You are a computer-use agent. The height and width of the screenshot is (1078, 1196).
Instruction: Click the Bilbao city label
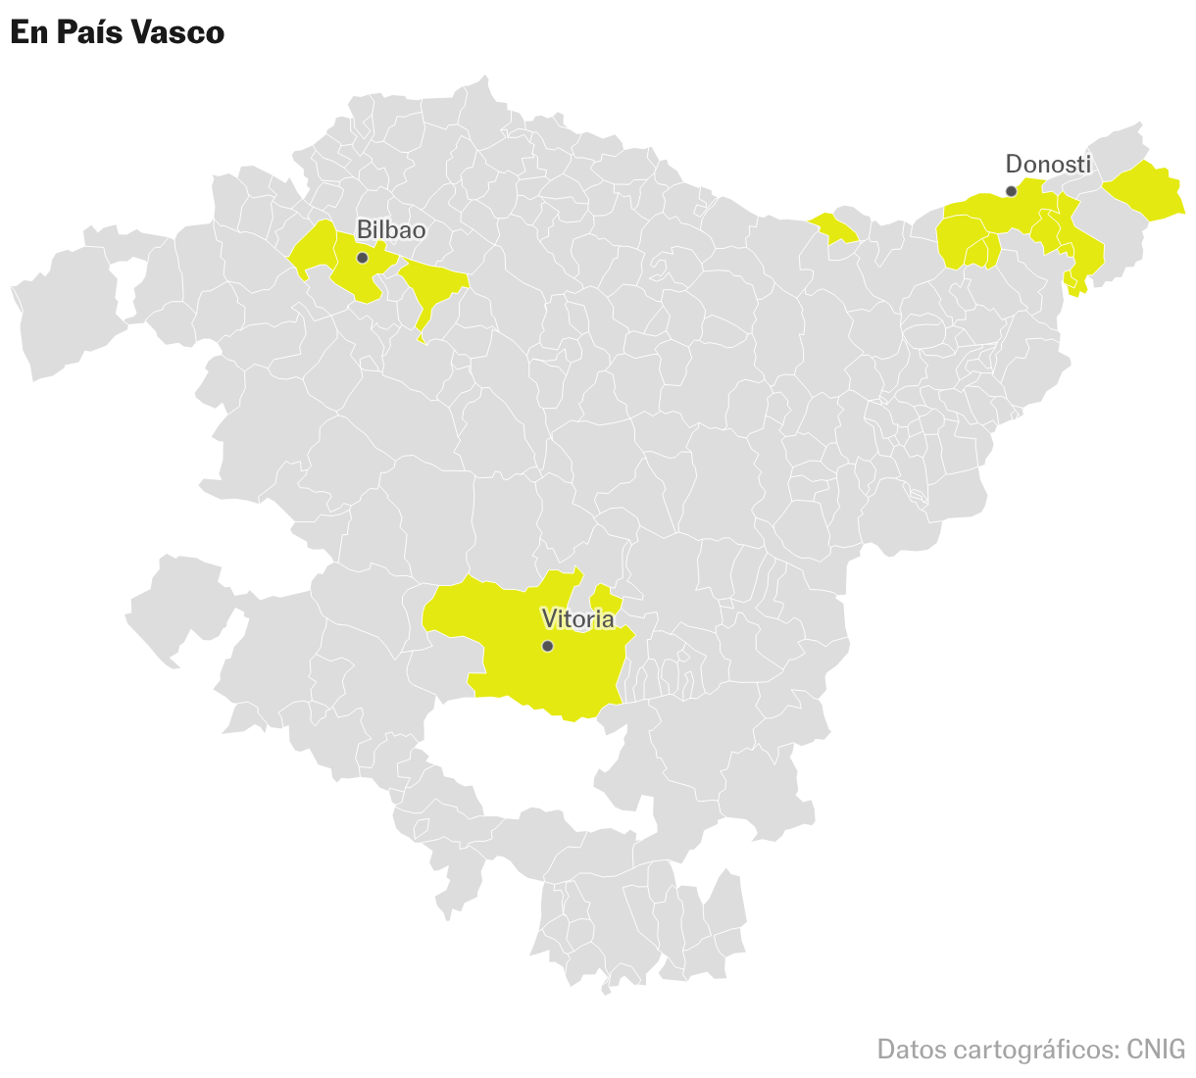point(391,229)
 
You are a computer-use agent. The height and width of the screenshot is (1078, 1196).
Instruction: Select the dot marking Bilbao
point(362,258)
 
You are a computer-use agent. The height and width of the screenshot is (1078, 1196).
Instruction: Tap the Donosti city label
point(1048,164)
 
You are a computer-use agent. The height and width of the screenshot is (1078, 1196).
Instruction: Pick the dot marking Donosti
point(1011,191)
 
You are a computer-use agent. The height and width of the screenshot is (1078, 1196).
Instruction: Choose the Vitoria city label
point(578,618)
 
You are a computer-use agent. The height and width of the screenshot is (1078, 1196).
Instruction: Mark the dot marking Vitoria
point(547,646)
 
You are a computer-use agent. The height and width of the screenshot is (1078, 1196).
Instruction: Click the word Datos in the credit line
point(911,1050)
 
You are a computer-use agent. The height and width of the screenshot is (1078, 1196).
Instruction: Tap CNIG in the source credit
point(1156,1050)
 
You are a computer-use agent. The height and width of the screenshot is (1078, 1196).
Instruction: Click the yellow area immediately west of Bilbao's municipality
point(314,248)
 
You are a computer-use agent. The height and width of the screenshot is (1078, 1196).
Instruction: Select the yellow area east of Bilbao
point(431,283)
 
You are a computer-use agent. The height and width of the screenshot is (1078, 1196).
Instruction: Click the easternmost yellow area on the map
point(1145,192)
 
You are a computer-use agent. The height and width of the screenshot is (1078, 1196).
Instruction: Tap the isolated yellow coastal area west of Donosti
point(834,227)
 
